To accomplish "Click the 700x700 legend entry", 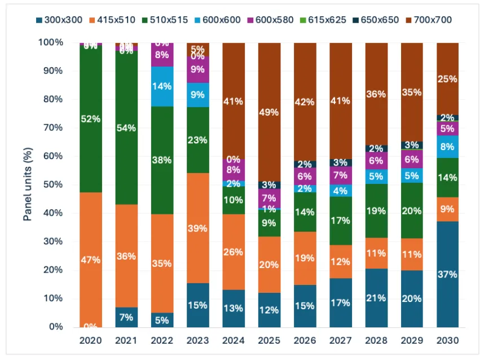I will point(432,20).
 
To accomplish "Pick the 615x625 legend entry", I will point(332,20).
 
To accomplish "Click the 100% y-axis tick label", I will point(53,42).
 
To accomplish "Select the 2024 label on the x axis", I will point(234,341).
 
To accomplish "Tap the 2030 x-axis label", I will point(448,341).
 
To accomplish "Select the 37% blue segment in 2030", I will point(448,274).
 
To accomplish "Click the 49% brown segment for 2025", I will point(269,112).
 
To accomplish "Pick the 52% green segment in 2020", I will point(90,119).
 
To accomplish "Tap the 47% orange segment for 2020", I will point(90,260).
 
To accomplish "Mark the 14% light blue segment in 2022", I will point(162,86).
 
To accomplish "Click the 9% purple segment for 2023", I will point(197,69).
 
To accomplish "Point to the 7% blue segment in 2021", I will point(126,317).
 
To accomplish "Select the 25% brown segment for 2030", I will point(448,78).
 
